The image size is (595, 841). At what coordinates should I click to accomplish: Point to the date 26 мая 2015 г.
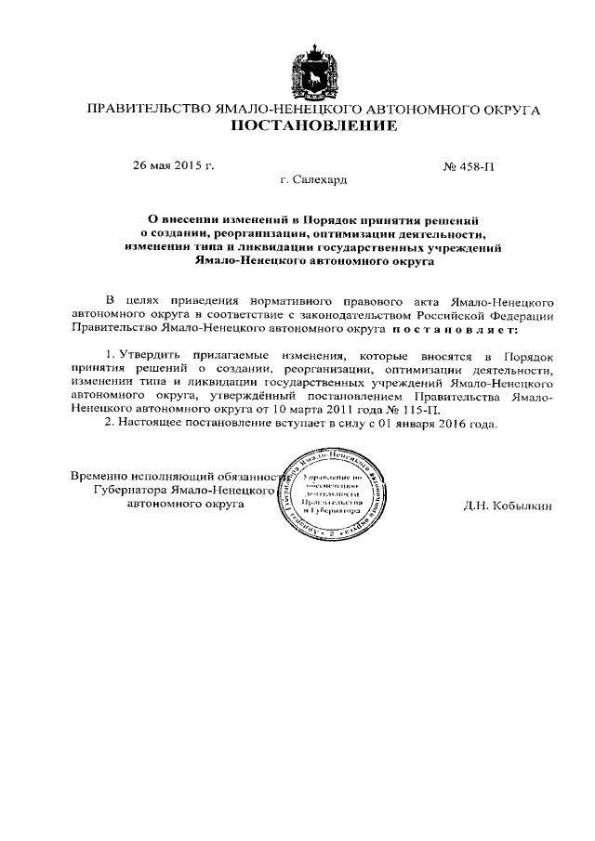(174, 166)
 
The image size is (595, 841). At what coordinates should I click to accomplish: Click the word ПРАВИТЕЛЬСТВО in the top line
(149, 109)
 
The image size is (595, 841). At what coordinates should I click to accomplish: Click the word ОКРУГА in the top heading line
(508, 109)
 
